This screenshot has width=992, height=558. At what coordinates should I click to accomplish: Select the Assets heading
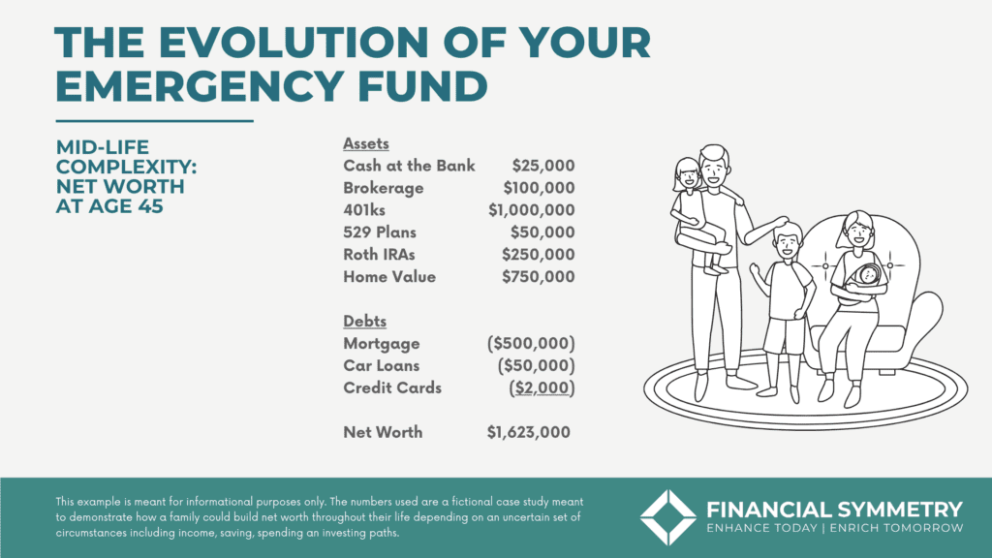[x=365, y=143]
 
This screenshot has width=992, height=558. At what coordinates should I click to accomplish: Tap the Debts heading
[x=364, y=322]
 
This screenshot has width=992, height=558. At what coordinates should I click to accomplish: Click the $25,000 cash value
[x=543, y=166]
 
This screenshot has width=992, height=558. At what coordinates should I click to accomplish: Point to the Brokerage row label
[x=384, y=189]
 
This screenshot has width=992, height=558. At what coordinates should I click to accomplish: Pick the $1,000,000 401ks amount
[x=532, y=210]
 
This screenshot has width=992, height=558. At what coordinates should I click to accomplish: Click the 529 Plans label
[x=380, y=232]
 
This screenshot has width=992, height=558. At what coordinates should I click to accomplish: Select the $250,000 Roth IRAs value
[x=539, y=255]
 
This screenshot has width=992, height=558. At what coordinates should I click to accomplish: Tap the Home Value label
[x=389, y=276]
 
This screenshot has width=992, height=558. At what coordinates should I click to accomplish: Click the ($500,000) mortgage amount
[x=532, y=344]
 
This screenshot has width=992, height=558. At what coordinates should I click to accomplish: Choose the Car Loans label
[x=381, y=365]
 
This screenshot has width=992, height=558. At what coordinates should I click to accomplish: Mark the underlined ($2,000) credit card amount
[x=542, y=387]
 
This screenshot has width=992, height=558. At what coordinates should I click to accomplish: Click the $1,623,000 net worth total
[x=528, y=433]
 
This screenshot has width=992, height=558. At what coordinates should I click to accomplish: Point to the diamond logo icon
[x=668, y=517]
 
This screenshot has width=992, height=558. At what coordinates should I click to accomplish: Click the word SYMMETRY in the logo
[x=900, y=510]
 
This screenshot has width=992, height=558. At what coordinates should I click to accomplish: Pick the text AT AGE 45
[x=109, y=206]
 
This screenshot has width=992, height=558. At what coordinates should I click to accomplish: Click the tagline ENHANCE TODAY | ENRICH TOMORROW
[x=835, y=528]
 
